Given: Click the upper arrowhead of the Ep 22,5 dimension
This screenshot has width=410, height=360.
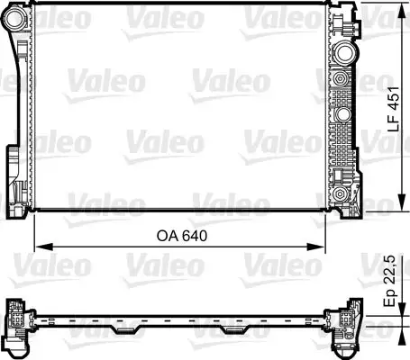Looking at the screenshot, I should pos(397,303).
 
